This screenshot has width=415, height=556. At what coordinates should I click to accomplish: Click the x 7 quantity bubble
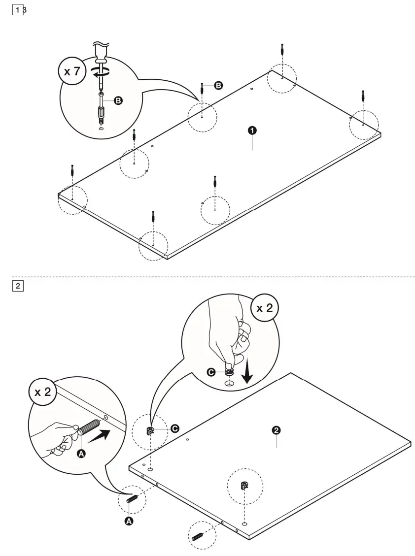click(71, 72)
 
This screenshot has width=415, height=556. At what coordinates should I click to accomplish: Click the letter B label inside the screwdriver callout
click(118, 100)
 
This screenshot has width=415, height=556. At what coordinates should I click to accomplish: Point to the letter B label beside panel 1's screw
click(218, 85)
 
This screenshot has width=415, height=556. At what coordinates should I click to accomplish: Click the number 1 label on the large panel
click(252, 130)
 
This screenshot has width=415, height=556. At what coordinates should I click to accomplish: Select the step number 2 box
click(17, 286)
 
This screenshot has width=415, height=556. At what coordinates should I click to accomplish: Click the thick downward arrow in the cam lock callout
click(248, 374)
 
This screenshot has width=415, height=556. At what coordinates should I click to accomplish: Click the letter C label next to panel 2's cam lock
click(174, 429)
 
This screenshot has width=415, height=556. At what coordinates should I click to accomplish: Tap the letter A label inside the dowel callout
click(82, 454)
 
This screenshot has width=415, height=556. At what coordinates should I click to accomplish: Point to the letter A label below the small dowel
click(129, 521)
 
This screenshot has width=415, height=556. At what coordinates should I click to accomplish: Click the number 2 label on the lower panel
click(277, 430)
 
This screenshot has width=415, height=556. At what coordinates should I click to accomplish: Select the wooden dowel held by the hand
click(89, 426)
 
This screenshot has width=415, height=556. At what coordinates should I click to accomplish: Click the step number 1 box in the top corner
click(17, 10)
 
